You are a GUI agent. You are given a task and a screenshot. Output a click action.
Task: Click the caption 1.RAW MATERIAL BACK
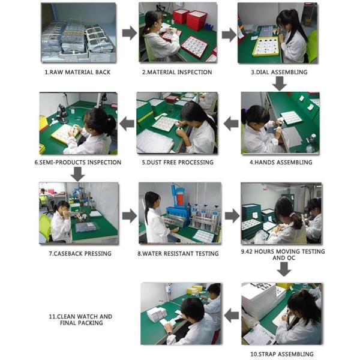77,72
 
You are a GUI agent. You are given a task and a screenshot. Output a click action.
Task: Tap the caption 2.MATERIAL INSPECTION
177,72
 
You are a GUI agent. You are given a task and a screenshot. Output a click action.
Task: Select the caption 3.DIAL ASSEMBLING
279,72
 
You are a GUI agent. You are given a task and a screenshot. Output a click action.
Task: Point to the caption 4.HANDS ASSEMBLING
281,163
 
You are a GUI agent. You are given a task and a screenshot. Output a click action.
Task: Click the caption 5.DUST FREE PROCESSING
178,163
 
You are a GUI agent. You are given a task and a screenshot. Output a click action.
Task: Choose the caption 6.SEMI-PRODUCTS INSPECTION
78,163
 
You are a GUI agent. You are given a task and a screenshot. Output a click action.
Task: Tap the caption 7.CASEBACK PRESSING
80,253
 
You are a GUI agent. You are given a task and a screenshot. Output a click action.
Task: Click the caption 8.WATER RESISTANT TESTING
178,253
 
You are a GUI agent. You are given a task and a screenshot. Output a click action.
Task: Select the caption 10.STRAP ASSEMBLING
282,354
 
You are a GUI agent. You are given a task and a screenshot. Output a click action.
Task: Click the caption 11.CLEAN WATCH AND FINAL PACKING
80,320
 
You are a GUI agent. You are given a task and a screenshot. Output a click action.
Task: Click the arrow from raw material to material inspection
130,33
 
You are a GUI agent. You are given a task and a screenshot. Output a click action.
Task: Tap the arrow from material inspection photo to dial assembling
229,35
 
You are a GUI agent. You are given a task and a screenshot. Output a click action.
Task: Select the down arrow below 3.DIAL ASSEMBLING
280,83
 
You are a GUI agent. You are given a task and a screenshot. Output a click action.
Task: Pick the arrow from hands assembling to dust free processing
231,124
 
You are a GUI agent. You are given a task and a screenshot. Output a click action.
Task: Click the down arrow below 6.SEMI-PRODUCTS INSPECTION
77,174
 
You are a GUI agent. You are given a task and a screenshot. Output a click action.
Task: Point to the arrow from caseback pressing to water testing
130,216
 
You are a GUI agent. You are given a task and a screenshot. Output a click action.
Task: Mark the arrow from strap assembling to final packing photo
232,315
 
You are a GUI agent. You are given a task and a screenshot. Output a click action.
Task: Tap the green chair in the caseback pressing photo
45,227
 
